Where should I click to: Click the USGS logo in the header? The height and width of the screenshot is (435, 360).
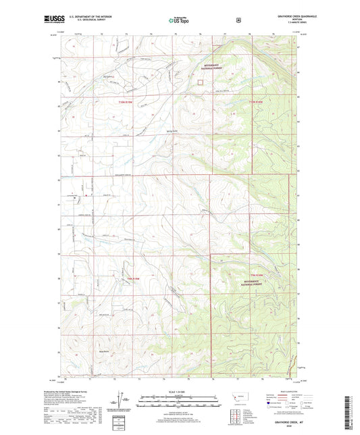54,20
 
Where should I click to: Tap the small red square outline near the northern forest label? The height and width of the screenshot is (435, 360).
200,82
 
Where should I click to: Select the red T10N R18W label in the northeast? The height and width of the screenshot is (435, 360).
254,101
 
